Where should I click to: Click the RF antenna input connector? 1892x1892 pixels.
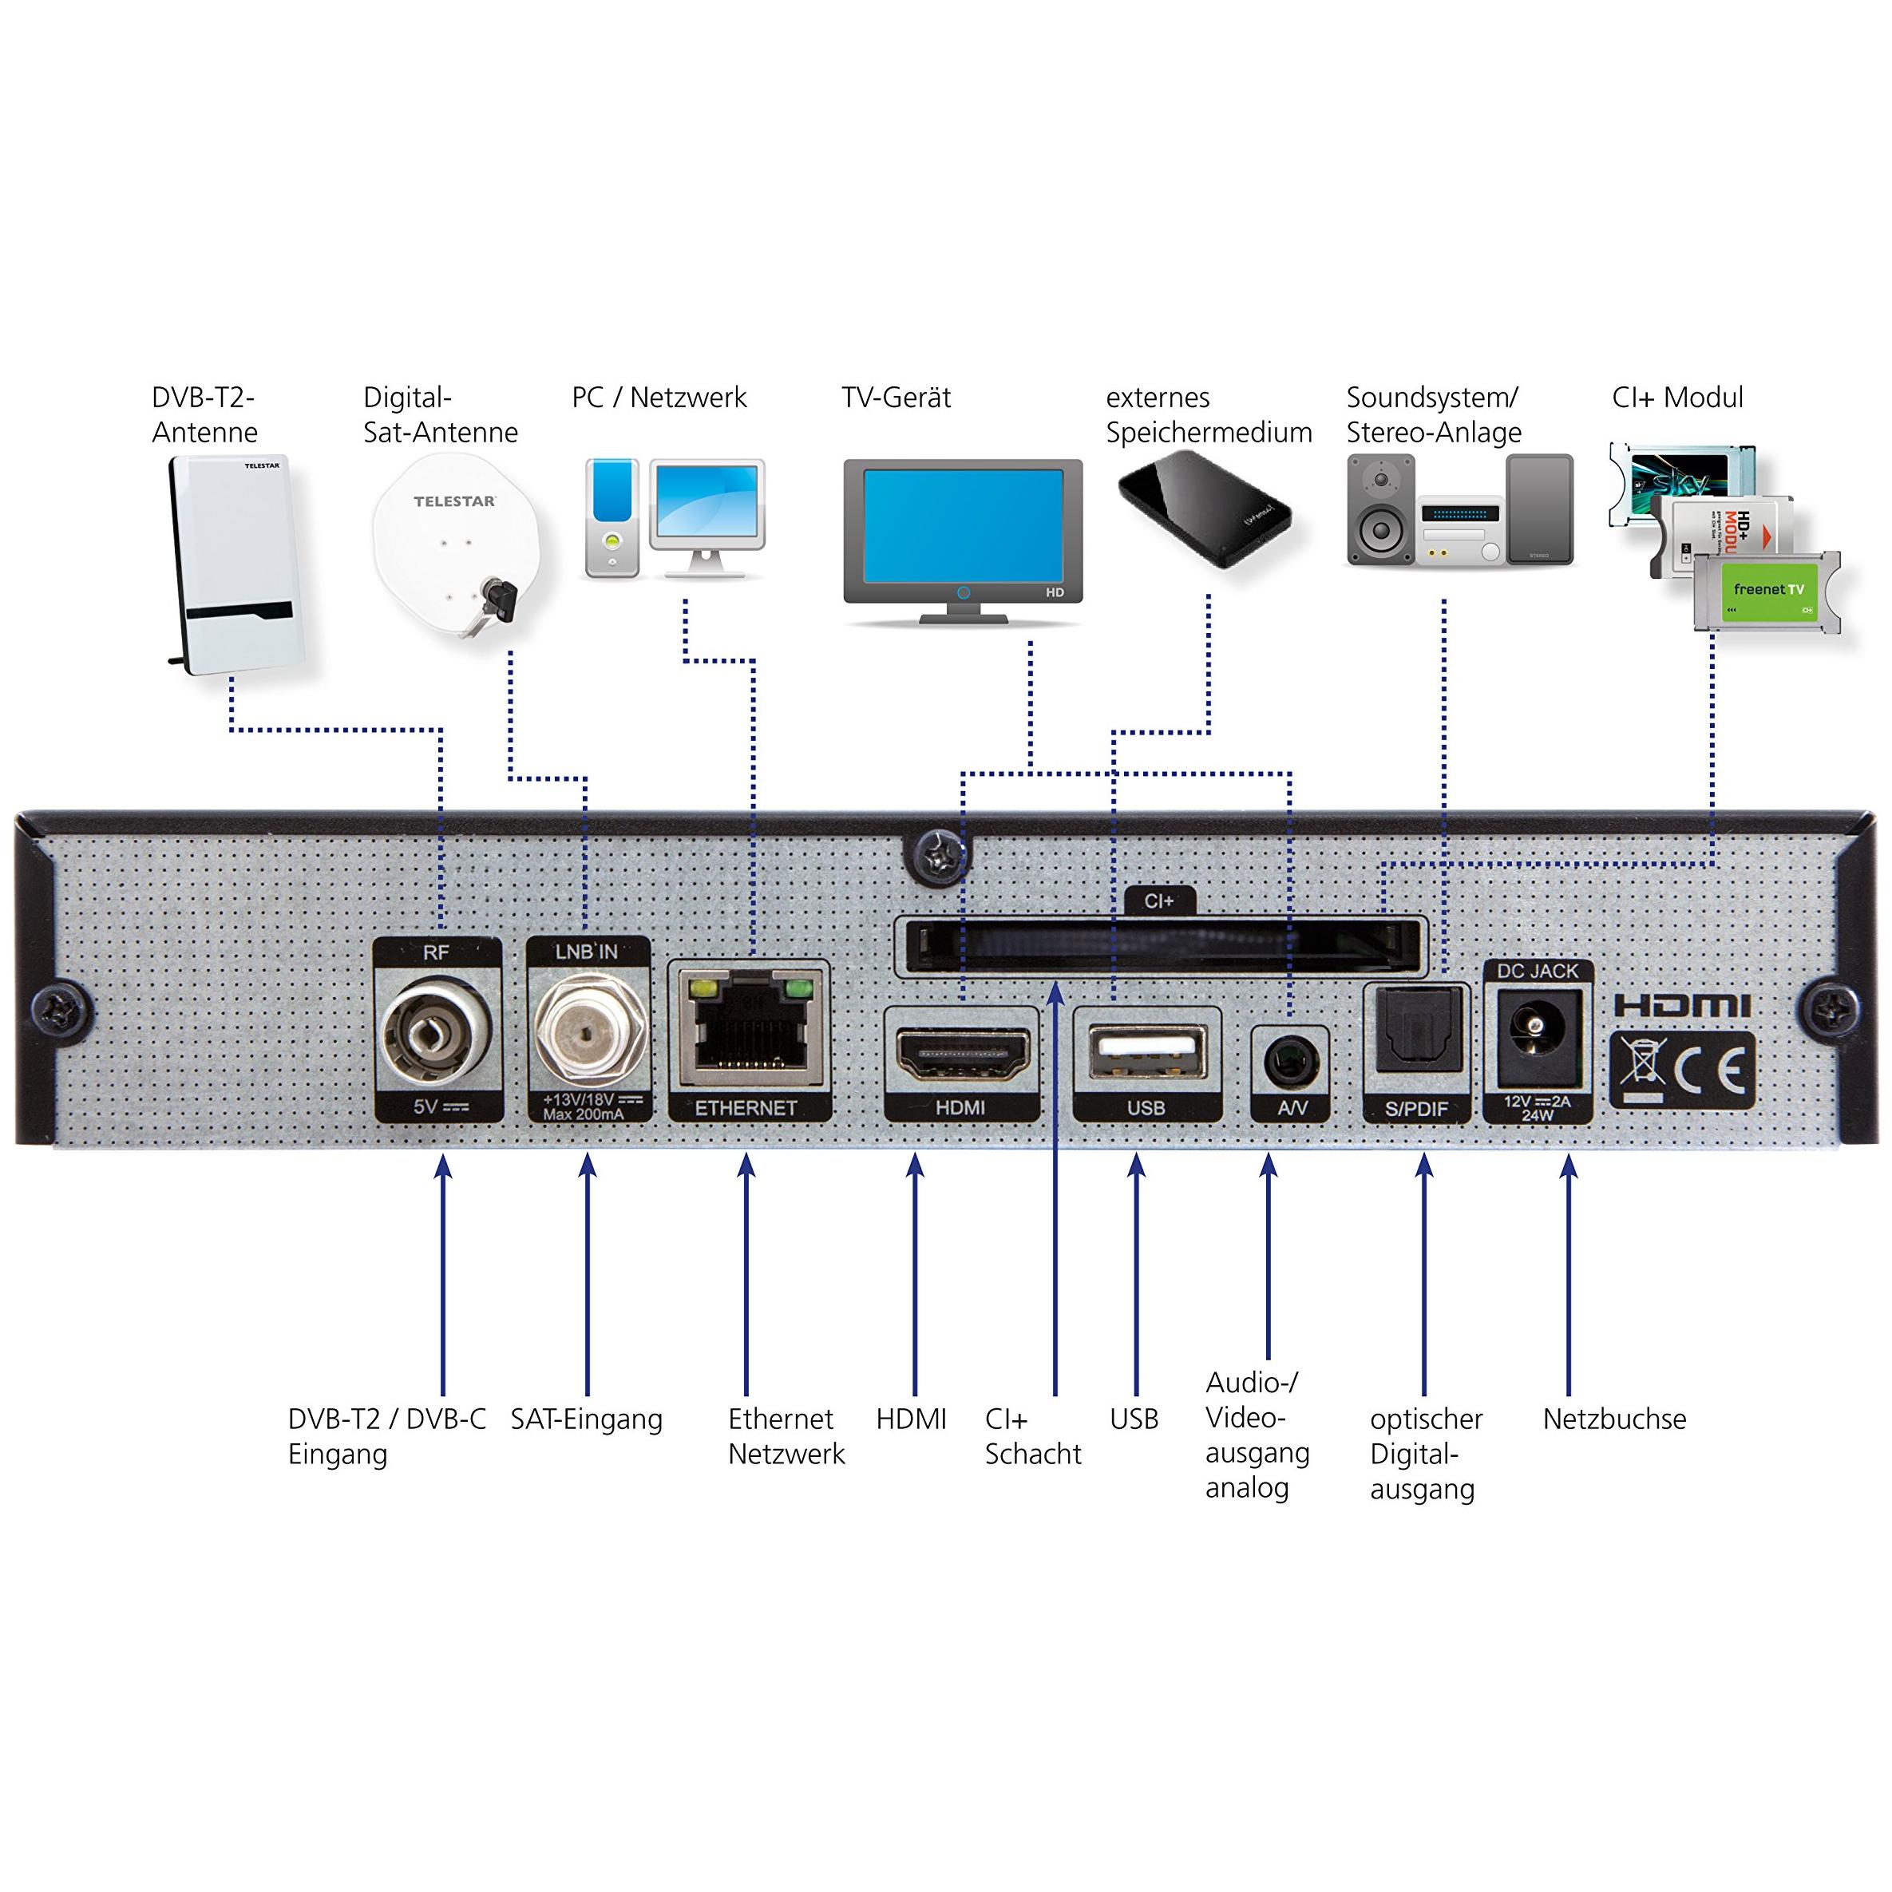pos(437,1036)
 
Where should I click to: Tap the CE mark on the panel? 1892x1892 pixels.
pos(1713,1071)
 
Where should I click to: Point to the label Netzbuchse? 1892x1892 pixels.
pos(1614,1419)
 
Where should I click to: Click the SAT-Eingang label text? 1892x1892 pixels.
pos(586,1419)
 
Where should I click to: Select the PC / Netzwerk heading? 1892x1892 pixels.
pos(659,398)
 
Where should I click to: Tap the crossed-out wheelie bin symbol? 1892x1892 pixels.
pos(1642,1070)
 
